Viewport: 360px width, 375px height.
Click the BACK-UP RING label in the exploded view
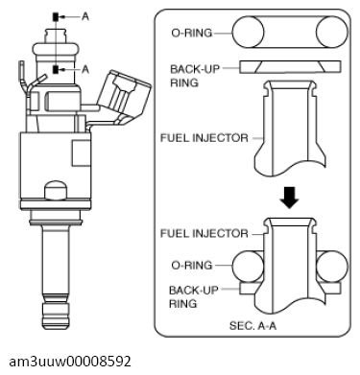(x=195, y=76)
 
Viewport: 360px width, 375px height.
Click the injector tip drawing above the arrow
(x=288, y=129)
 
